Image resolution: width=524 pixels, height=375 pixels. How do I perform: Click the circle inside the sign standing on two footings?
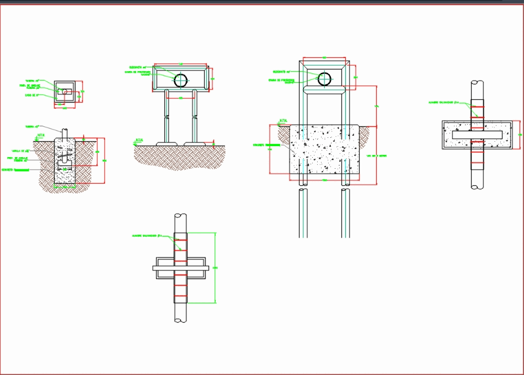(181, 81)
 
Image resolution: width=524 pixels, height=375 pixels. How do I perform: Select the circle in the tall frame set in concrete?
(325, 79)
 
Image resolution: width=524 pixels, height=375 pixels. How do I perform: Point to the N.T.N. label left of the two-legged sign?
(141, 140)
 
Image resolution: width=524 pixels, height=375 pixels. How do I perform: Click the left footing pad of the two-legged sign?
(167, 144)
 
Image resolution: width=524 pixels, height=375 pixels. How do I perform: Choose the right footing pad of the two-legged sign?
(195, 144)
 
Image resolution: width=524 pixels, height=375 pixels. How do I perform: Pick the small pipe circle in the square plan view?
(66, 92)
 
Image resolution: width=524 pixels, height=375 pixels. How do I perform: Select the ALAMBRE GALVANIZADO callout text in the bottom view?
(147, 235)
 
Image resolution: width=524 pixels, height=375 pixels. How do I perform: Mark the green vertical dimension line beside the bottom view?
(215, 268)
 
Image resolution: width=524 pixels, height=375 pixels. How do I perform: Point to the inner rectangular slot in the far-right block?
(477, 135)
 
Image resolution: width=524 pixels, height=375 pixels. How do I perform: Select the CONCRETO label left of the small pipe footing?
(22, 170)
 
